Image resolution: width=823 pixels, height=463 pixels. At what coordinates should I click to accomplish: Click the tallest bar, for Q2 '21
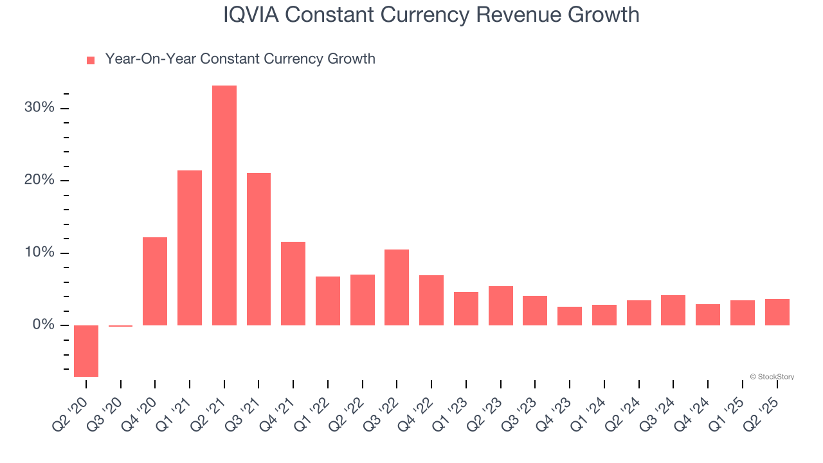tap(224, 205)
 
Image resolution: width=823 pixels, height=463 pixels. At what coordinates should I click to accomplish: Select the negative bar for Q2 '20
tap(86, 350)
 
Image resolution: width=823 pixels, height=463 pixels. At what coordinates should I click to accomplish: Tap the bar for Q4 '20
tap(155, 281)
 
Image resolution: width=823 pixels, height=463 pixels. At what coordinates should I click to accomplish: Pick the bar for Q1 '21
tap(190, 248)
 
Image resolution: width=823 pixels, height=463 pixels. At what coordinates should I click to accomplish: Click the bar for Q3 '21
tap(258, 249)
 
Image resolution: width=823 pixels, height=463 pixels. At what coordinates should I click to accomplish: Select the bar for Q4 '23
tap(570, 316)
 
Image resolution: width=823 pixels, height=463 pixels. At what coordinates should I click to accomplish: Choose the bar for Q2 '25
tap(777, 312)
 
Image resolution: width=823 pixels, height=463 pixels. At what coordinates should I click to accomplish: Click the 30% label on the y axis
tap(39, 107)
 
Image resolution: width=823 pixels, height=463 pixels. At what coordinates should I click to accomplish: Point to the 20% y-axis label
tap(39, 180)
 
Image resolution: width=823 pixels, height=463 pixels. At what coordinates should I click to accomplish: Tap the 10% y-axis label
tap(39, 253)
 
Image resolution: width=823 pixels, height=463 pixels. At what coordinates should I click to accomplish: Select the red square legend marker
tap(91, 60)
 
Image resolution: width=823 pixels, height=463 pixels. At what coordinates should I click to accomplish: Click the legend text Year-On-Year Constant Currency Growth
tap(240, 59)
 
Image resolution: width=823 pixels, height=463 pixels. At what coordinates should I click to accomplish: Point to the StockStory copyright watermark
tap(772, 377)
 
